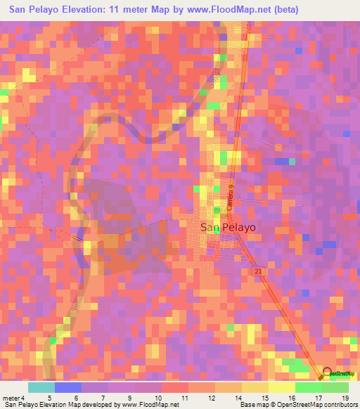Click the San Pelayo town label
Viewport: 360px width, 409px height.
(228, 228)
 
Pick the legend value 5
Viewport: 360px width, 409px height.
(49, 398)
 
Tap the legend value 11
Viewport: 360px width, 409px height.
(184, 398)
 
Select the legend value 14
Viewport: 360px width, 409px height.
(237, 398)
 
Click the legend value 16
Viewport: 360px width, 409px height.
(290, 398)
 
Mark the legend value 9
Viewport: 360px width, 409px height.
(129, 398)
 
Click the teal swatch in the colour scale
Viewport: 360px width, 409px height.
(41, 387)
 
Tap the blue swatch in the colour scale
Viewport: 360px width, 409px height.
(68, 387)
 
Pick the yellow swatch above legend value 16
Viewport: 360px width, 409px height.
(282, 387)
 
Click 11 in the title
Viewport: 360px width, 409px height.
(119, 10)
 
